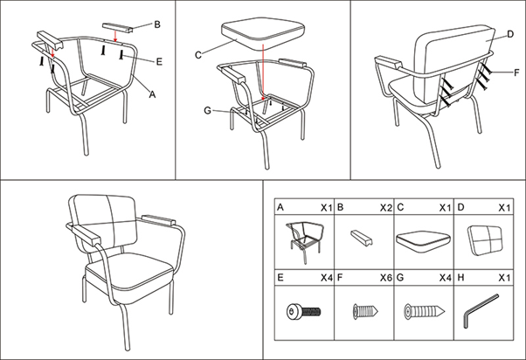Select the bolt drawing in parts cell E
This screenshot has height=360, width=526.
click(303, 311)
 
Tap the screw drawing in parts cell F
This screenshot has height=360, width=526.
click(365, 311)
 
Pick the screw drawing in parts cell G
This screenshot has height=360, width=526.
click(425, 311)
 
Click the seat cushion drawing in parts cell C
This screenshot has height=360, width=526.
click(423, 241)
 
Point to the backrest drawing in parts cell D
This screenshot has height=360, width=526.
click(486, 240)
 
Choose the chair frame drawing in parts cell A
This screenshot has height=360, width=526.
click(305, 242)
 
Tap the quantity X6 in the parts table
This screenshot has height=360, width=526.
click(386, 278)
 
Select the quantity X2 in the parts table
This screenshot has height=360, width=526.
click(386, 208)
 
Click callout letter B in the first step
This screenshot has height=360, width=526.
click(157, 24)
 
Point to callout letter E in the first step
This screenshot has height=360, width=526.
click(159, 61)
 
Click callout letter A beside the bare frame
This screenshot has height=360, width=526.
click(152, 94)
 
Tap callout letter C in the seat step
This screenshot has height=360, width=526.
click(198, 55)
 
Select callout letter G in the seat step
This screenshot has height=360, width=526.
click(208, 110)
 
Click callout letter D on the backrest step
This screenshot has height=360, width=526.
click(510, 34)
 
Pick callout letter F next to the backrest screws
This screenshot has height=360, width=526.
click(516, 73)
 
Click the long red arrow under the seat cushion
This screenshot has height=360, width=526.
click(263, 72)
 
